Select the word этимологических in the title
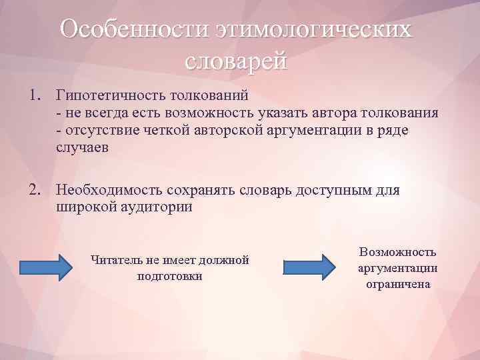(313, 30)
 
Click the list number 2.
(34, 190)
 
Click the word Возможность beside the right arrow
(397, 252)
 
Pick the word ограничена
(398, 284)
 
